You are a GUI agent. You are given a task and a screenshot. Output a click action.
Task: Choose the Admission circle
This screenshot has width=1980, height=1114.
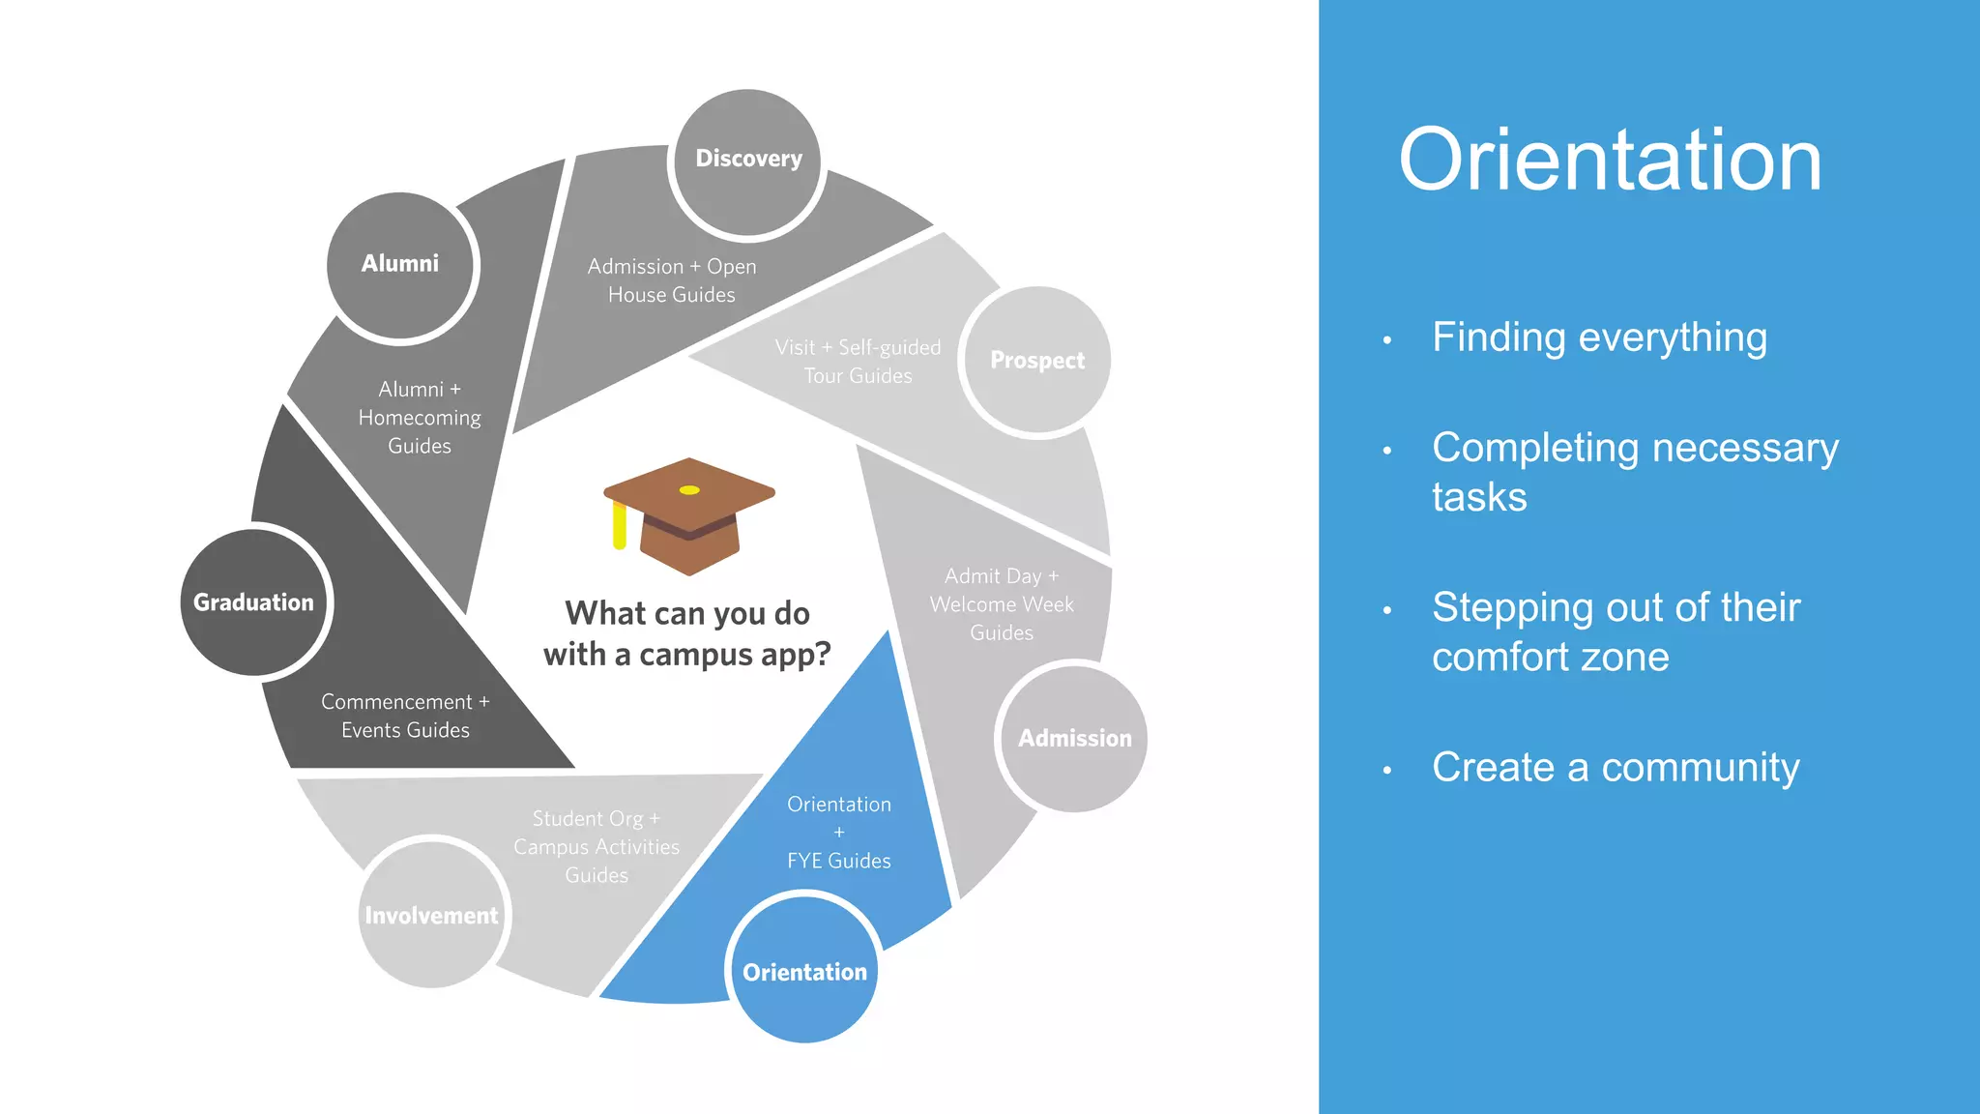[x=1074, y=739]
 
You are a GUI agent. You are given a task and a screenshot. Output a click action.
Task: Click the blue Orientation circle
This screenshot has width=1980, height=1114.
[x=803, y=971]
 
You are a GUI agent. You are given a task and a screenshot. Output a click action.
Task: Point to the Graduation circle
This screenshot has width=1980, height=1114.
[x=254, y=602]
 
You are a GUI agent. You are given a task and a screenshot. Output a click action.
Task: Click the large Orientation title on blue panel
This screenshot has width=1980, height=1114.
[x=1610, y=161]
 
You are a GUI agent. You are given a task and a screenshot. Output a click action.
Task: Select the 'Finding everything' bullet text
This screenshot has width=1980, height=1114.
[x=1599, y=337]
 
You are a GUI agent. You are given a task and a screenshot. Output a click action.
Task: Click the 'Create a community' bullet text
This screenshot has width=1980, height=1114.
[x=1616, y=768]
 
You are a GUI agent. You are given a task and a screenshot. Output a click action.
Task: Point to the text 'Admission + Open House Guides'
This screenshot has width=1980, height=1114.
[x=672, y=280]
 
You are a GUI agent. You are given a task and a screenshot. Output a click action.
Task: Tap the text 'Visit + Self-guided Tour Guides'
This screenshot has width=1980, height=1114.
[x=858, y=362]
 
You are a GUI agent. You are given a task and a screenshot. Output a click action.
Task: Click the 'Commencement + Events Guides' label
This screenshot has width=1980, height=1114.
[x=405, y=716]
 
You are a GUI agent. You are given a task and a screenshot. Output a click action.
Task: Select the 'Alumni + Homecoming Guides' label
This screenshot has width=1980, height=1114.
[x=420, y=417]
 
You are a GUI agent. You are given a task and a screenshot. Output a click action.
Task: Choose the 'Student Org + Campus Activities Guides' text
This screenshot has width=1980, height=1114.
[x=597, y=846]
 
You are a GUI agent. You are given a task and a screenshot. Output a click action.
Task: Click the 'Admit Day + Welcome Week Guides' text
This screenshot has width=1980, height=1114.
[x=1002, y=604]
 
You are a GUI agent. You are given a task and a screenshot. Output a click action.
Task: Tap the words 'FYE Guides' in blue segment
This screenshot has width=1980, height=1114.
[x=839, y=861]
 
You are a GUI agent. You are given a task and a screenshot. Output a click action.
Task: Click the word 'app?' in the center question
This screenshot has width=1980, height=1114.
[x=796, y=656]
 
